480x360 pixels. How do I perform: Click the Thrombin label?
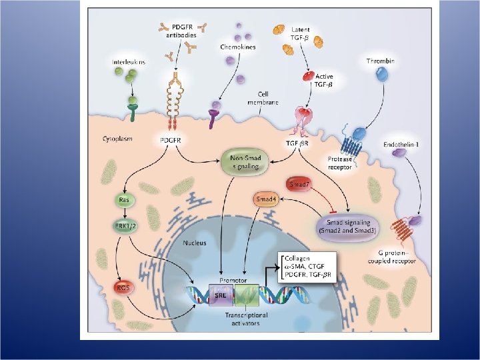point(381,62)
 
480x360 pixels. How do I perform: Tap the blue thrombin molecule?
point(382,79)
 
